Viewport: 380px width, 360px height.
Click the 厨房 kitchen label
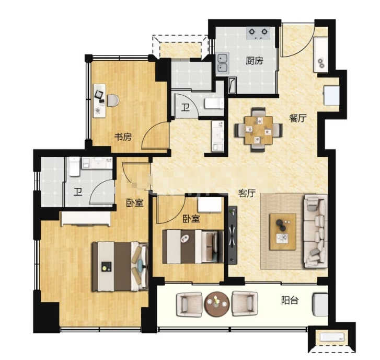(x=254, y=61)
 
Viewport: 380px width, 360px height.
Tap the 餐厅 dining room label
(x=297, y=118)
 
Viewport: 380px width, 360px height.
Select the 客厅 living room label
(x=247, y=193)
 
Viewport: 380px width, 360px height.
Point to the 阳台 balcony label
(x=290, y=300)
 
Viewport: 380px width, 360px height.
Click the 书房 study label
(x=123, y=137)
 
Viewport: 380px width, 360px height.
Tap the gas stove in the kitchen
(x=258, y=33)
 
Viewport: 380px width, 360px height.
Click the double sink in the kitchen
(x=223, y=63)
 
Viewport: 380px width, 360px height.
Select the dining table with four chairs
(x=258, y=130)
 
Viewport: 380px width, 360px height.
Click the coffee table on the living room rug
(x=283, y=232)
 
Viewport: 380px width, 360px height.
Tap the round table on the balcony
(x=217, y=303)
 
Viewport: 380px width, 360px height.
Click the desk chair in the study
(x=113, y=100)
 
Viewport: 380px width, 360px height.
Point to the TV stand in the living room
(x=233, y=235)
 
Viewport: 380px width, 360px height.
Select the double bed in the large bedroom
(x=120, y=266)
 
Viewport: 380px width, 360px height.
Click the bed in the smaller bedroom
(x=193, y=246)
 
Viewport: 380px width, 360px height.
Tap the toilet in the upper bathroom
(x=214, y=103)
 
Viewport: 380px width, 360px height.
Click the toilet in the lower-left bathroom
(x=74, y=166)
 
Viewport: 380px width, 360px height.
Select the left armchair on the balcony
(x=189, y=305)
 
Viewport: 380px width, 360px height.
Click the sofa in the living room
(x=315, y=231)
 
